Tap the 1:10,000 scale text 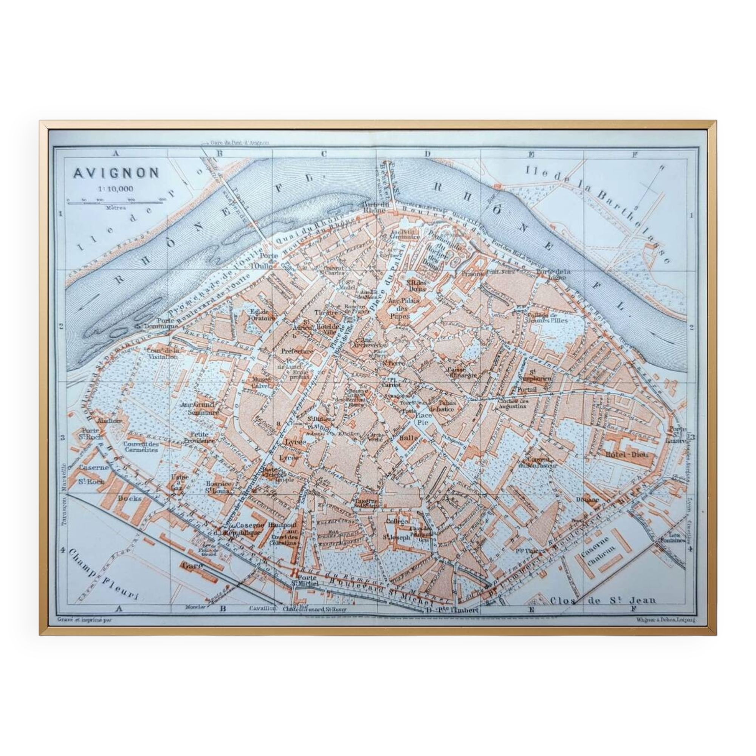tap(116, 189)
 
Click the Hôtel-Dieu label tap(621, 454)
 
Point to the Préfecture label tap(297, 352)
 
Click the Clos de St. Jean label tap(603, 600)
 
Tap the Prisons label tap(472, 274)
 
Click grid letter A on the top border tap(116, 154)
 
